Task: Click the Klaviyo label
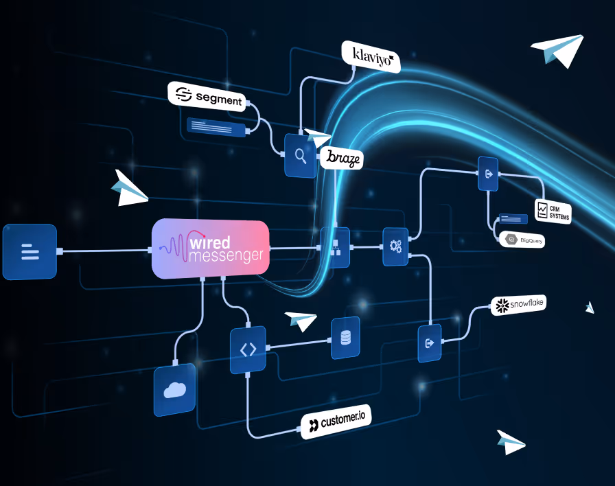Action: [x=371, y=56]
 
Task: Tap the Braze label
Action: [x=342, y=158]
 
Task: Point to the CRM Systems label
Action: [x=553, y=211]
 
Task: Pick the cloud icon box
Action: [x=174, y=389]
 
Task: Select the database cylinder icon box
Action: [x=345, y=338]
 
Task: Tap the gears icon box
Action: [x=395, y=246]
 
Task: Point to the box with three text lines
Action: [x=30, y=252]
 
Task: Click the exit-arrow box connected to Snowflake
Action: [x=430, y=343]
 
